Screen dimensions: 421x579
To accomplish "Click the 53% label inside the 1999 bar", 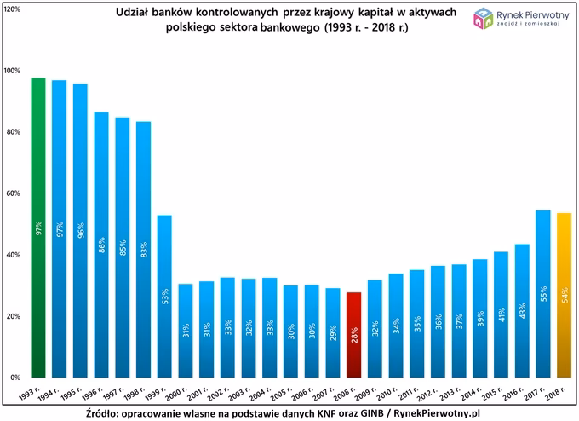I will pos(164,296).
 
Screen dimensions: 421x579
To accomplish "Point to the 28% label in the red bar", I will pos(353,334).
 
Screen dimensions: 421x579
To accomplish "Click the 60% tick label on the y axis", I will pos(13,193).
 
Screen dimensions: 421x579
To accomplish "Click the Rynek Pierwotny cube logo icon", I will pos(483,17).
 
